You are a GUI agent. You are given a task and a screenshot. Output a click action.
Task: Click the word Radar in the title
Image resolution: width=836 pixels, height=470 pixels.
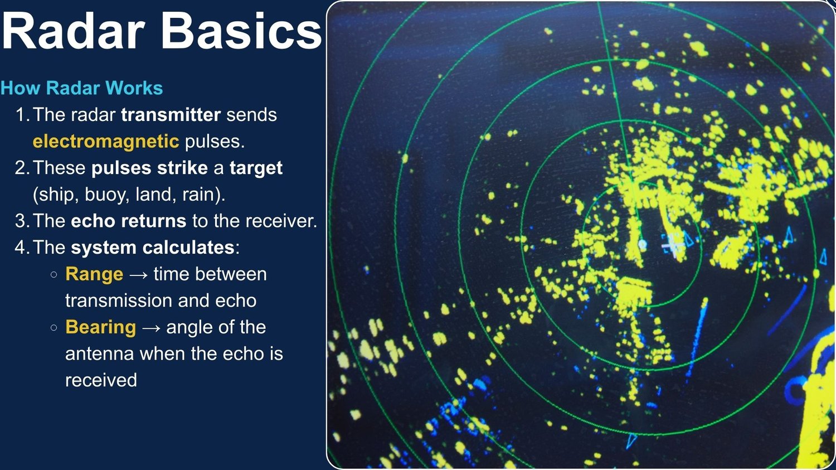73,31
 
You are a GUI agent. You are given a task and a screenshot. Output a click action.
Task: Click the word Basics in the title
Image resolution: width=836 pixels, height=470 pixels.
241,31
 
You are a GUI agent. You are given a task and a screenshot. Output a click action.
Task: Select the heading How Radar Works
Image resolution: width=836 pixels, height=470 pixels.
82,88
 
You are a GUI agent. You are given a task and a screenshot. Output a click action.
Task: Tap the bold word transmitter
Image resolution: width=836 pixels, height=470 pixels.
171,115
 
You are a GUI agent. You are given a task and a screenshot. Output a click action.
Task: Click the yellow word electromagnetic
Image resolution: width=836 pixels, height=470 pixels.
106,142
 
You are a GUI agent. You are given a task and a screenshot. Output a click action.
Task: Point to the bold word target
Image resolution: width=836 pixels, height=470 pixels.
256,168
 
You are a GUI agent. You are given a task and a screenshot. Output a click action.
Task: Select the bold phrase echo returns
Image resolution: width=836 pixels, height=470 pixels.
128,221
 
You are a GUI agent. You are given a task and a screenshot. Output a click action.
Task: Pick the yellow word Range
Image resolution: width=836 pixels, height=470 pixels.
94,274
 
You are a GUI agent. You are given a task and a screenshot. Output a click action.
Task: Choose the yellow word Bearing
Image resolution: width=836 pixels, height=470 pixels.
100,328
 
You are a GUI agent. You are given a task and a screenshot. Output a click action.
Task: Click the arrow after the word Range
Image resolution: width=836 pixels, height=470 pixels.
138,275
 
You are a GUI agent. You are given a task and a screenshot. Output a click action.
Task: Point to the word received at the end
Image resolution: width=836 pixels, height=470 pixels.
101,381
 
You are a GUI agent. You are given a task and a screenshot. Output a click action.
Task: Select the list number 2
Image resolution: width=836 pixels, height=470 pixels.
22,168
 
